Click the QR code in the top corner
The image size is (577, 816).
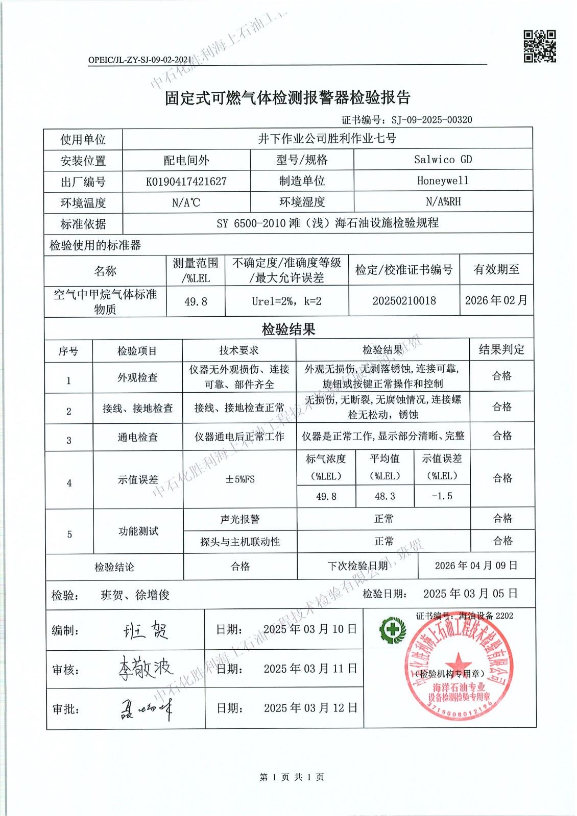click(539, 46)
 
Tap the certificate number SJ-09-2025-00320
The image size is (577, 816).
click(431, 120)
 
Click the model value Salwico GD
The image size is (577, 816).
click(443, 160)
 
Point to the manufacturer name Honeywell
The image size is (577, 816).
click(443, 181)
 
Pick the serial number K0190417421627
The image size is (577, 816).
click(186, 182)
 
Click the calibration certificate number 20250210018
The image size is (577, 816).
click(404, 300)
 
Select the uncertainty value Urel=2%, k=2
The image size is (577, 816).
click(286, 301)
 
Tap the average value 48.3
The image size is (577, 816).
click(384, 496)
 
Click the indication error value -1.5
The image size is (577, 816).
click(442, 496)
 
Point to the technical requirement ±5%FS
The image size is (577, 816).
click(239, 479)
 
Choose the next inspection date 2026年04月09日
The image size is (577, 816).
click(476, 566)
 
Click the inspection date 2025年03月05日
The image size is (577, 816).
click(470, 594)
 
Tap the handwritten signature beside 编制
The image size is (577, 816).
click(146, 631)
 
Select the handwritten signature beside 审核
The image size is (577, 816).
click(146, 668)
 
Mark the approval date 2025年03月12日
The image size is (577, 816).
click(310, 708)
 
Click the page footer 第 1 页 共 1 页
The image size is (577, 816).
click(292, 777)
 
